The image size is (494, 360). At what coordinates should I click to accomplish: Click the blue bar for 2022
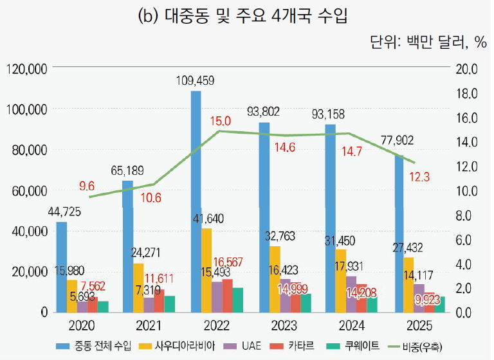coord(196,202)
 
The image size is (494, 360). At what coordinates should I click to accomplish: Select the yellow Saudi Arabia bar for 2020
coord(72,296)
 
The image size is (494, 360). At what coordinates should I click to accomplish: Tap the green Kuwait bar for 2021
coord(170,304)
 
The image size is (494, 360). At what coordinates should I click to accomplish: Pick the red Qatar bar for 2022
coord(228,296)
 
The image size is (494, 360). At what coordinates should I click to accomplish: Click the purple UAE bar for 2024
coord(351,294)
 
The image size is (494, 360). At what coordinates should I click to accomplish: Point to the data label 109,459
coord(195,81)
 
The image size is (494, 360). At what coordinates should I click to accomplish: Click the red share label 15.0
coord(221,121)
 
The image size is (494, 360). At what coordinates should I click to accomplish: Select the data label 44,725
coord(64,212)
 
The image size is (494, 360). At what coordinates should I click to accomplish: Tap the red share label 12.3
coord(419,177)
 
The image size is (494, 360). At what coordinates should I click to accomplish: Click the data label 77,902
coord(398,140)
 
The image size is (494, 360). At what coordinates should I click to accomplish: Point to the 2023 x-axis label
coord(284,326)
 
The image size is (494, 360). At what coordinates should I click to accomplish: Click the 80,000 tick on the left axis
coord(30,150)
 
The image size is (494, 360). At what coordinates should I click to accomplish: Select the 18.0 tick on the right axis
coord(467,94)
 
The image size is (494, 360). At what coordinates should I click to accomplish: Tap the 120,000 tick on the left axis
coord(27,69)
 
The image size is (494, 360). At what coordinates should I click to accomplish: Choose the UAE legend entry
coord(242,346)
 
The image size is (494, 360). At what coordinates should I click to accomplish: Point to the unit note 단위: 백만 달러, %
coord(429,42)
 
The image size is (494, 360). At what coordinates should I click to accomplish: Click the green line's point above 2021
coord(154,184)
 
